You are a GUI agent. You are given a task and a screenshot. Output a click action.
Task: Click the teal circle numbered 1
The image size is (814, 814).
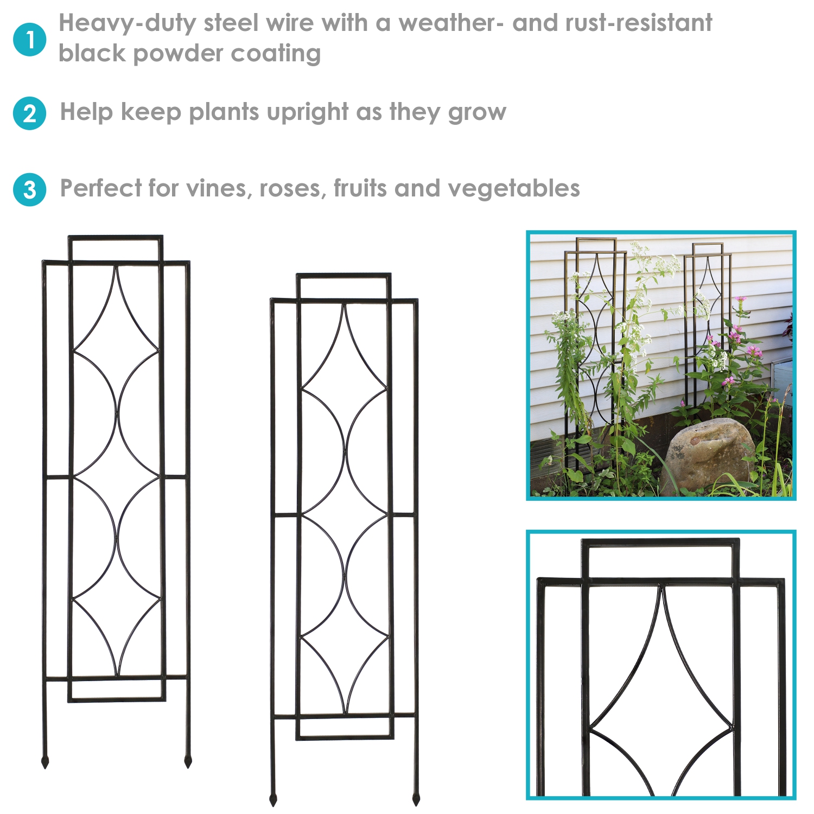[30, 40]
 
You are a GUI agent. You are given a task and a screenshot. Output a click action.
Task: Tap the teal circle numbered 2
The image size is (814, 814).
[30, 113]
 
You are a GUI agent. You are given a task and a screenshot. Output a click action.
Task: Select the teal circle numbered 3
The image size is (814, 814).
[30, 189]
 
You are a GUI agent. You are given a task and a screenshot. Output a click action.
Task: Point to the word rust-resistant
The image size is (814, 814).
[638, 23]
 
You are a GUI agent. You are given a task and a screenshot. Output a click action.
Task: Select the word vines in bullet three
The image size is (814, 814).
[219, 189]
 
